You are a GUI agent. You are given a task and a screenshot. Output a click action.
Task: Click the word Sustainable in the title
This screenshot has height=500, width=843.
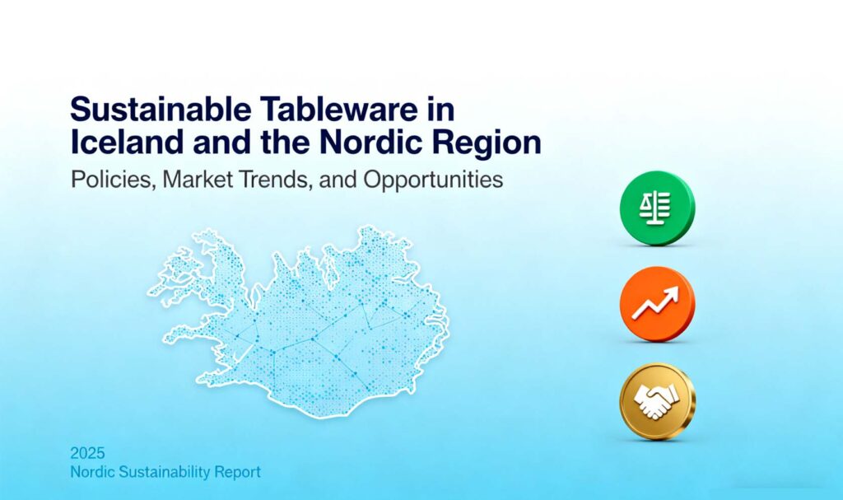(161, 109)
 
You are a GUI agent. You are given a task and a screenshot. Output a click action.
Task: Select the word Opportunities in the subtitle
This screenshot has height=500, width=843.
(433, 180)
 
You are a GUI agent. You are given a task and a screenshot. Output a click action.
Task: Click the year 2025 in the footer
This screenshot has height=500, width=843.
(87, 453)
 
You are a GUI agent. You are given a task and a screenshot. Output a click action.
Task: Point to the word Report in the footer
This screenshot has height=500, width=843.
(238, 473)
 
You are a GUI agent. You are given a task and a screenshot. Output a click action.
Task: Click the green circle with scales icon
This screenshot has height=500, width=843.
(657, 208)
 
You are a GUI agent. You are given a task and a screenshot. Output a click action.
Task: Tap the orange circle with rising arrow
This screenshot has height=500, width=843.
(657, 304)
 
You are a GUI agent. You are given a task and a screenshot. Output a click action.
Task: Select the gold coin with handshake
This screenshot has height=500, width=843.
(658, 401)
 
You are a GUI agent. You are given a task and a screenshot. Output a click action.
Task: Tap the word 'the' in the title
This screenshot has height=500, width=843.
(286, 142)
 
